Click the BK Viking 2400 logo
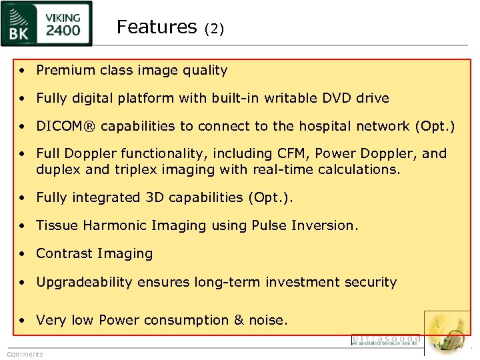pyautogui.click(x=47, y=25)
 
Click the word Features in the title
pyautogui.click(x=157, y=27)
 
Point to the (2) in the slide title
pyautogui.click(x=215, y=29)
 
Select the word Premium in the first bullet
pyautogui.click(x=65, y=70)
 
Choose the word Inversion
pyautogui.click(x=325, y=225)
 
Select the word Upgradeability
pyautogui.click(x=84, y=282)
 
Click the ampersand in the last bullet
pyautogui.click(x=239, y=320)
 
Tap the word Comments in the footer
pyautogui.click(x=25, y=354)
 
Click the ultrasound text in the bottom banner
pyautogui.click(x=386, y=340)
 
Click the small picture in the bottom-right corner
pyautogui.click(x=447, y=333)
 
